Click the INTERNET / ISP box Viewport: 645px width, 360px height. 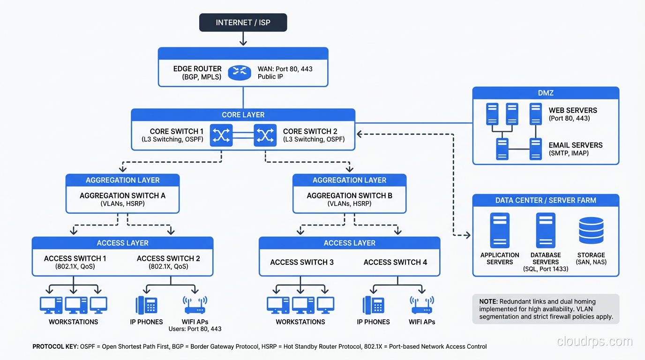pos(243,22)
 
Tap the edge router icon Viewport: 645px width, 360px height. pos(240,73)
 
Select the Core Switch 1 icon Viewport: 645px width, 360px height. pos(221,135)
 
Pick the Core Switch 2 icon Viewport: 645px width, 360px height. pos(265,135)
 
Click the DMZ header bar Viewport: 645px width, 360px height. pos(546,93)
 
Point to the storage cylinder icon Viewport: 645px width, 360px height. pos(591,231)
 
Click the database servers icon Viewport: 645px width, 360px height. pos(546,230)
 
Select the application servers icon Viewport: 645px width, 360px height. pos(500,230)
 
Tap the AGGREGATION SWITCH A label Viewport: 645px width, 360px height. pos(122,195)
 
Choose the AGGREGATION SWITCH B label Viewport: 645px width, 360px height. pos(349,195)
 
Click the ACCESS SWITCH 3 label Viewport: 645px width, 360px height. pos(302,262)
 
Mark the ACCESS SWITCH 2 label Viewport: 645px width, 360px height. pos(168,258)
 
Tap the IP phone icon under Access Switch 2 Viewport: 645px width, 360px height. pos(146,305)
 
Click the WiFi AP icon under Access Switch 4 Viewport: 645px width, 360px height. pos(422,305)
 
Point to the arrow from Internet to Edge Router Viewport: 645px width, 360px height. pos(243,39)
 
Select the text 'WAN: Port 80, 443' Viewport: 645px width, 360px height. pos(285,69)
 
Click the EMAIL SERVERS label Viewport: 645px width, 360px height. pos(576,145)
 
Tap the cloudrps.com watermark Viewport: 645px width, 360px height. pos(594,341)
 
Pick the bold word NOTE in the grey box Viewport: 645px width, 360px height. pos(488,301)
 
